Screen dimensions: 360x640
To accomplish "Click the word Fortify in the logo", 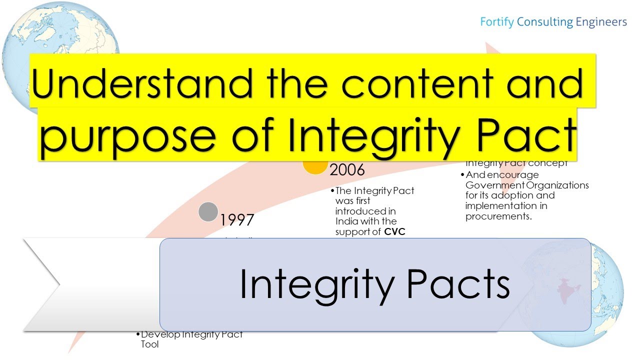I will pos(496,22).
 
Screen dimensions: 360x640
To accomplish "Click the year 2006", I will pos(347,170).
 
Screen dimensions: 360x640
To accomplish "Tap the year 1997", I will pos(237,219).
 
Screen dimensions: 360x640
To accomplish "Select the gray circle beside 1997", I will pos(208,212).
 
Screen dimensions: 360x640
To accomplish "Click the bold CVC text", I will pos(394,231).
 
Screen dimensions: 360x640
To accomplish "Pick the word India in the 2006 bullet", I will pos(347,221).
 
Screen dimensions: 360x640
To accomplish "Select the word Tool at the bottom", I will pos(149,344).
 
